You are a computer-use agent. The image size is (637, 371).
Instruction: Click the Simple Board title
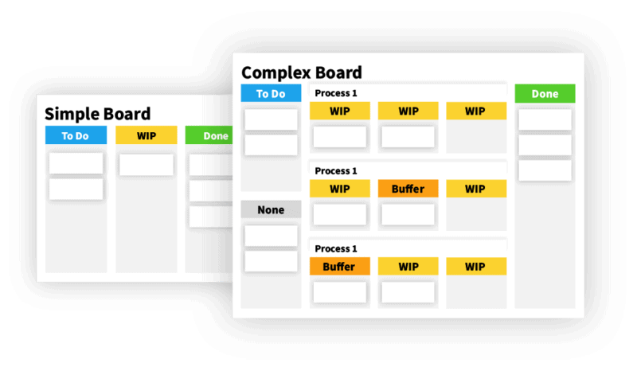[97, 114]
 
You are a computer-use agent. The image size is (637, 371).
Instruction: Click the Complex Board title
[301, 72]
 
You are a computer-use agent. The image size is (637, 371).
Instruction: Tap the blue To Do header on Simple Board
[76, 135]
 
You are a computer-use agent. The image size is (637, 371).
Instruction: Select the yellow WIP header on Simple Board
[147, 135]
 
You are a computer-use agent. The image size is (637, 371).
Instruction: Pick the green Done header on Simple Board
[213, 135]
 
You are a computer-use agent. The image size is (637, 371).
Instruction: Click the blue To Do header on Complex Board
[271, 93]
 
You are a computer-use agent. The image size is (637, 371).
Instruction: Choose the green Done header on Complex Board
[545, 93]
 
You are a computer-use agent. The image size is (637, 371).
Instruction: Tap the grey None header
[271, 210]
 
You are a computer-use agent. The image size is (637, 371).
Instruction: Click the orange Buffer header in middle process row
[408, 189]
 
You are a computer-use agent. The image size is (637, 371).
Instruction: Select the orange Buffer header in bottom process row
[339, 266]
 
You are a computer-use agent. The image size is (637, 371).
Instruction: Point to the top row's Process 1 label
[336, 93]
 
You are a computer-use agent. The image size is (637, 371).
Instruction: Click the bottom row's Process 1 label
[336, 248]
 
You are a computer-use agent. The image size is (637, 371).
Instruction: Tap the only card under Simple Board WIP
[147, 165]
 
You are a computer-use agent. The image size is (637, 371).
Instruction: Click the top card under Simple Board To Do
[76, 163]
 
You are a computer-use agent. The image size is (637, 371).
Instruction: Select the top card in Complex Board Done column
[545, 119]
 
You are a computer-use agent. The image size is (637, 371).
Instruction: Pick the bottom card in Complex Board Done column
[545, 170]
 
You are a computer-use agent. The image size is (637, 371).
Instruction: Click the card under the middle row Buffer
[408, 214]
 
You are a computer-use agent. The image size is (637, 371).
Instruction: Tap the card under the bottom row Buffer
[339, 292]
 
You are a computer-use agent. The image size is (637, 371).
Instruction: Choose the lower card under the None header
[271, 261]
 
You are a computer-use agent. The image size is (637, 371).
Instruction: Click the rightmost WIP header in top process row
[475, 111]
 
